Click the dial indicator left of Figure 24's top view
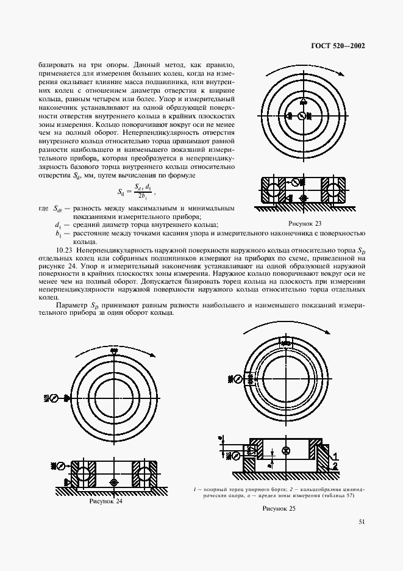click(53, 398)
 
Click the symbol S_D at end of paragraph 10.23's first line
click(360, 251)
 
